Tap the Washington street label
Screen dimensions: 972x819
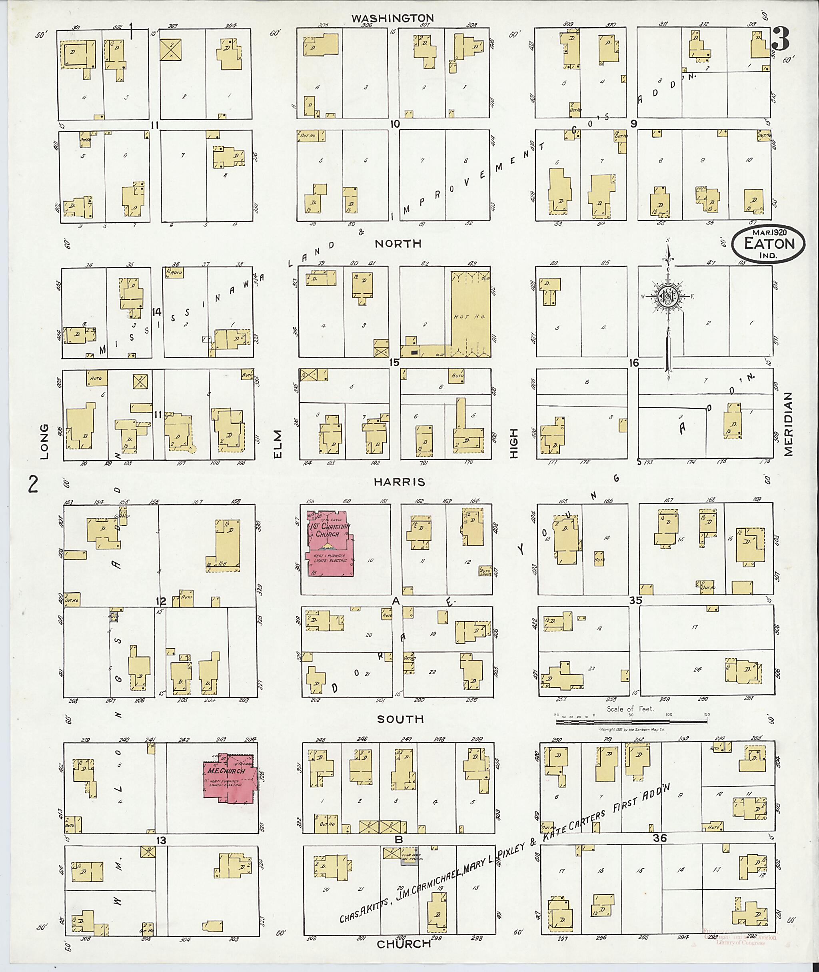pos(392,18)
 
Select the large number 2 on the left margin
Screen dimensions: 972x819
pos(33,485)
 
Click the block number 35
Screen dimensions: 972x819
pos(635,600)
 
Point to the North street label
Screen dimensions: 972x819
pos(398,243)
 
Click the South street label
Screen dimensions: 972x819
pos(400,719)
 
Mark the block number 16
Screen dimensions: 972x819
pos(634,363)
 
